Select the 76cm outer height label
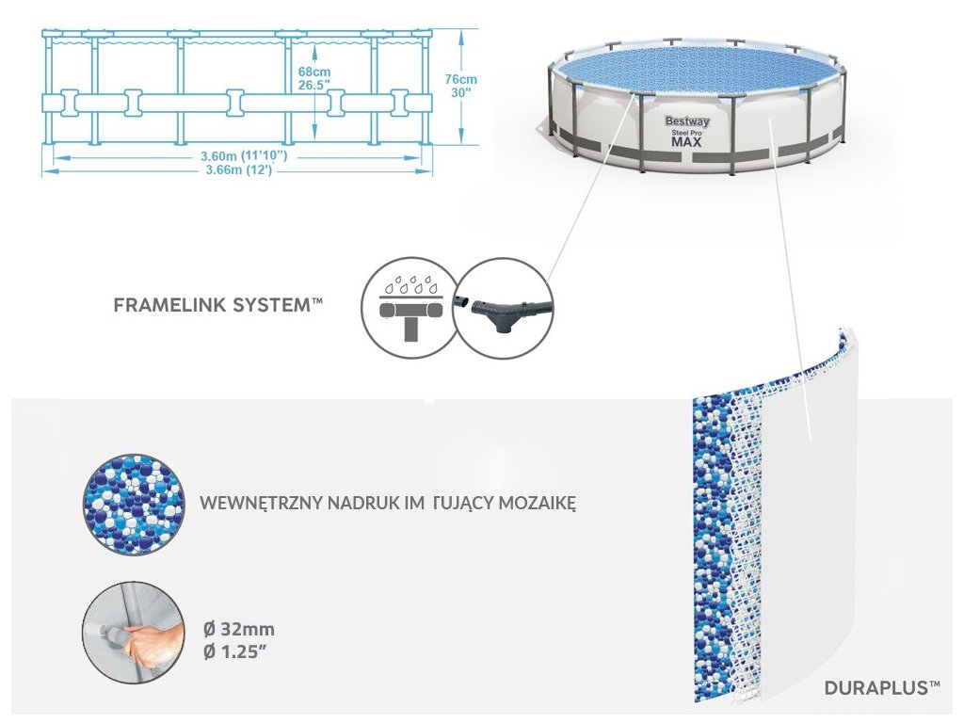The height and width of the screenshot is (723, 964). pyautogui.click(x=462, y=79)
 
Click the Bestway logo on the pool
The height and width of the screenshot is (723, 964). pyautogui.click(x=688, y=121)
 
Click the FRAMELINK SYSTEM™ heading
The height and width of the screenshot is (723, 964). pyautogui.click(x=217, y=306)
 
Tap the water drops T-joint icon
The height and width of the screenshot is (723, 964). pyautogui.click(x=408, y=307)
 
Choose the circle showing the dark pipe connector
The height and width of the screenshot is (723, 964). pyautogui.click(x=502, y=307)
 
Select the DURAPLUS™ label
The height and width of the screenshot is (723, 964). pyautogui.click(x=881, y=688)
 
